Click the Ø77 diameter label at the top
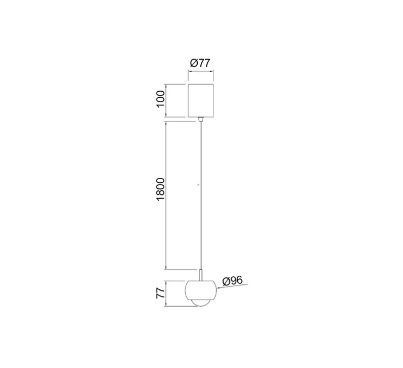[200, 63]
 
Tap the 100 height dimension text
[160, 100]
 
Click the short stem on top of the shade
[201, 275]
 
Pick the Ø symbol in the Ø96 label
[226, 281]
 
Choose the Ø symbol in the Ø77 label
[193, 63]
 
